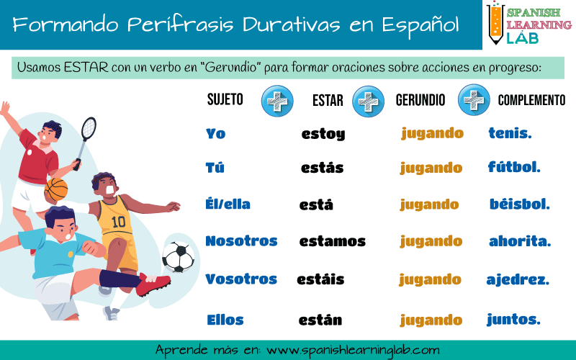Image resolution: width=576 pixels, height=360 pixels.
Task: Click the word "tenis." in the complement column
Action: pyautogui.click(x=510, y=133)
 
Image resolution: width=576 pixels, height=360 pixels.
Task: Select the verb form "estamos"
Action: pyautogui.click(x=333, y=241)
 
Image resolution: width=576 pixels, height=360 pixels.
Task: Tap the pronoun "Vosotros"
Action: pyautogui.click(x=241, y=279)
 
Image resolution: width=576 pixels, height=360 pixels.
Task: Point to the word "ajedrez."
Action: pyautogui.click(x=518, y=280)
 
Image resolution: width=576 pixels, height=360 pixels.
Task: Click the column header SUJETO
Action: pyautogui.click(x=225, y=99)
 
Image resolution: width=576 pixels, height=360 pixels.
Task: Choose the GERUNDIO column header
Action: pyautogui.click(x=420, y=100)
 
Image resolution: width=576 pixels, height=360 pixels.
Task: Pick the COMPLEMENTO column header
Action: pyautogui.click(x=531, y=100)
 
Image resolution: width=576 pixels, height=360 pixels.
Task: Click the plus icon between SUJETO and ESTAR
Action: pyautogui.click(x=277, y=101)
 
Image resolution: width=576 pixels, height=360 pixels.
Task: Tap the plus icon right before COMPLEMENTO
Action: pyautogui.click(x=474, y=100)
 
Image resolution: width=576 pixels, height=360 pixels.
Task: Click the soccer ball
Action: pyautogui.click(x=178, y=257)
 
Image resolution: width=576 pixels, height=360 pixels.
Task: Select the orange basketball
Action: pyautogui.click(x=56, y=189)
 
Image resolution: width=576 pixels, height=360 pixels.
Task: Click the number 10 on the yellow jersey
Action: pyautogui.click(x=118, y=222)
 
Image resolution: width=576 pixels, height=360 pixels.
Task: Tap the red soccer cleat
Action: pyautogui.click(x=153, y=284)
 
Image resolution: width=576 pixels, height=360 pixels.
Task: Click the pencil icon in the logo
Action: pyautogui.click(x=496, y=23)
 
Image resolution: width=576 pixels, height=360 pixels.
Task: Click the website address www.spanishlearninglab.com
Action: pyautogui.click(x=353, y=350)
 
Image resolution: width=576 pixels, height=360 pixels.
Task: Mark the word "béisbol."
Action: pyautogui.click(x=519, y=204)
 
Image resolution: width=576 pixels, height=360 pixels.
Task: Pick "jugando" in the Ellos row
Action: pyautogui.click(x=431, y=320)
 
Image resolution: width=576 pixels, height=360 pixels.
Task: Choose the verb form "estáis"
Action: pyautogui.click(x=320, y=279)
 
